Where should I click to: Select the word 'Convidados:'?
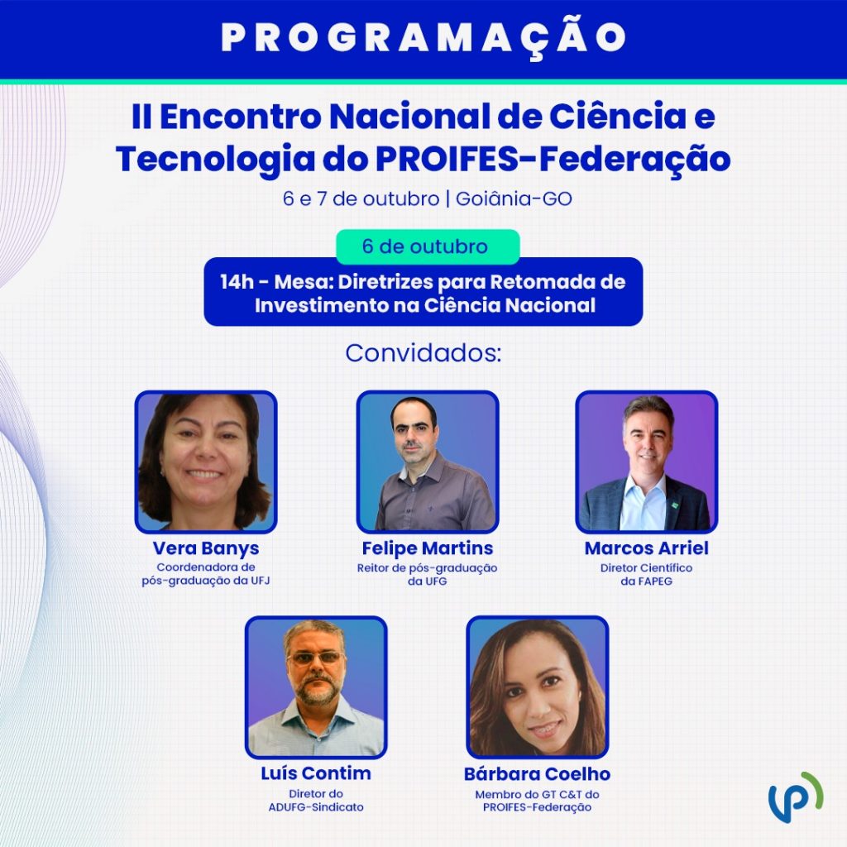click(x=423, y=353)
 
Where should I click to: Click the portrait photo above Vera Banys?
click(x=206, y=462)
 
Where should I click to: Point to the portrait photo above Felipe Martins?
click(x=428, y=462)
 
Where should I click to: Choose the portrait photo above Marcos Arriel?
click(x=647, y=462)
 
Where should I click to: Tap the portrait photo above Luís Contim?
click(x=316, y=687)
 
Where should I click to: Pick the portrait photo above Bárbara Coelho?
click(x=538, y=687)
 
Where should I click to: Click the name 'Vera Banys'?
click(x=206, y=549)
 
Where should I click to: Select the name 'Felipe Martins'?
click(x=428, y=548)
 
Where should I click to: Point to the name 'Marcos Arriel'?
click(x=647, y=548)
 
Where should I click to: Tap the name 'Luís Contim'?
click(x=316, y=773)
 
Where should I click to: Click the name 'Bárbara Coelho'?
click(x=538, y=774)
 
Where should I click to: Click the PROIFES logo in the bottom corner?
click(x=796, y=797)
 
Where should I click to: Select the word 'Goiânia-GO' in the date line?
click(x=514, y=199)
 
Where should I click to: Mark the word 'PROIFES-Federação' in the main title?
click(x=553, y=159)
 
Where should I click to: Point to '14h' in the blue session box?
click(x=236, y=282)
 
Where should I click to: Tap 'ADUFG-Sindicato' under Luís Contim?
click(x=316, y=807)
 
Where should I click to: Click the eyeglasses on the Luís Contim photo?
click(x=317, y=658)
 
